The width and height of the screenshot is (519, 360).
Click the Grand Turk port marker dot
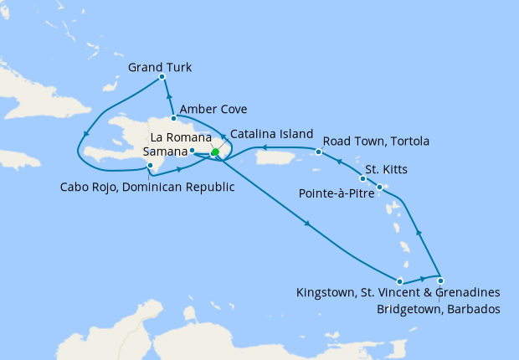(162, 77)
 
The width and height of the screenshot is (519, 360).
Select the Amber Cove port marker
(174, 118)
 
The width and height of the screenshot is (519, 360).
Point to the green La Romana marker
(215, 152)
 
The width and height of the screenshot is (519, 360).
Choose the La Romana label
(180, 136)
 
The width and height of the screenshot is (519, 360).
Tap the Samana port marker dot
(193, 151)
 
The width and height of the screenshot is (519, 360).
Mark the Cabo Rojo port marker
(150, 167)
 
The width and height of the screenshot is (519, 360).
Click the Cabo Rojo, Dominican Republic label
(147, 186)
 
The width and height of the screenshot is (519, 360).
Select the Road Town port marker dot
(319, 152)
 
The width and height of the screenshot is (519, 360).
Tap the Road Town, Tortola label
(373, 141)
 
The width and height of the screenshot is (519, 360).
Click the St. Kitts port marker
(362, 178)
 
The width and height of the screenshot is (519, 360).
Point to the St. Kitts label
(387, 170)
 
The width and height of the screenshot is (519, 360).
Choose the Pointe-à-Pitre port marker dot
(380, 187)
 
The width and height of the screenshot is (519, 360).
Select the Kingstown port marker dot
(400, 281)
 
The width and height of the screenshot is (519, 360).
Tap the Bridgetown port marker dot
(440, 280)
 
